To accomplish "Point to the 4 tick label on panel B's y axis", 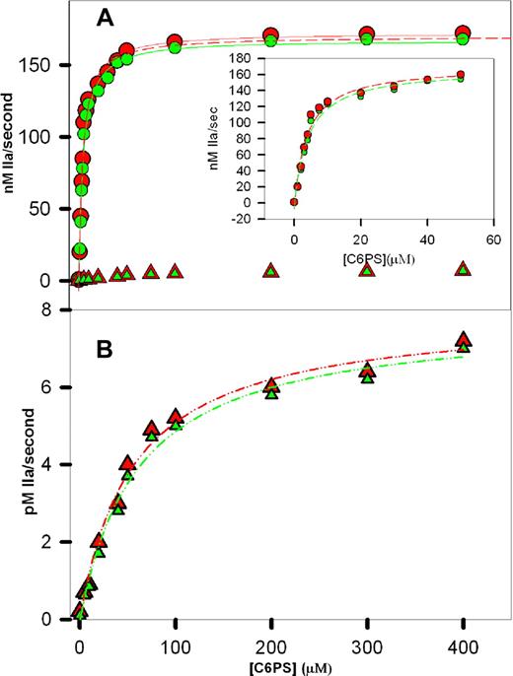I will (45, 464).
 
